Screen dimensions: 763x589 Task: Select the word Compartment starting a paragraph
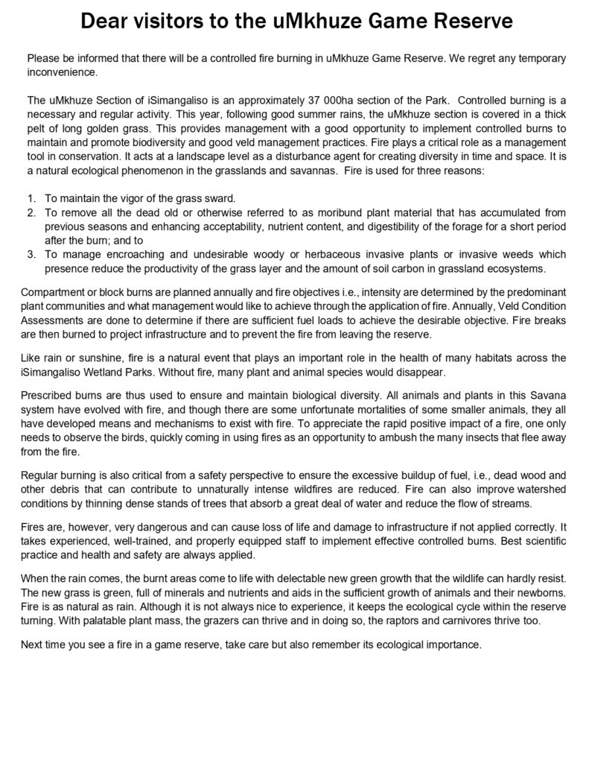click(57, 290)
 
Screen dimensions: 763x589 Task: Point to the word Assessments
click(55, 318)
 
